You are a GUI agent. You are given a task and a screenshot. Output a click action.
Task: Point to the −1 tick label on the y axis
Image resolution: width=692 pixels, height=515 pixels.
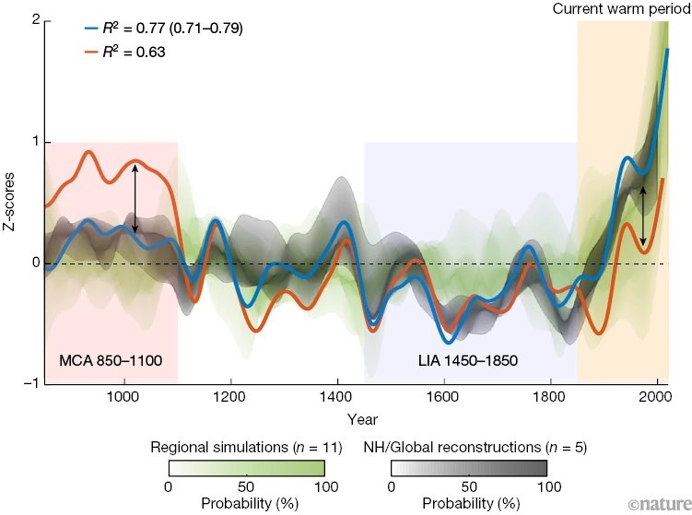[30, 384]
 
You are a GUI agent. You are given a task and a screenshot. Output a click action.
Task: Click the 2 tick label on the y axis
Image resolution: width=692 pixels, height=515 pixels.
[33, 21]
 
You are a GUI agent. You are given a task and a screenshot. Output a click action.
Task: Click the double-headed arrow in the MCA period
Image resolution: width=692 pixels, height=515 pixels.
[135, 198]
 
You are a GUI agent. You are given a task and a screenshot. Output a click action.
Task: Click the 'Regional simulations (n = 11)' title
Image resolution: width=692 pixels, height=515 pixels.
[246, 449]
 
